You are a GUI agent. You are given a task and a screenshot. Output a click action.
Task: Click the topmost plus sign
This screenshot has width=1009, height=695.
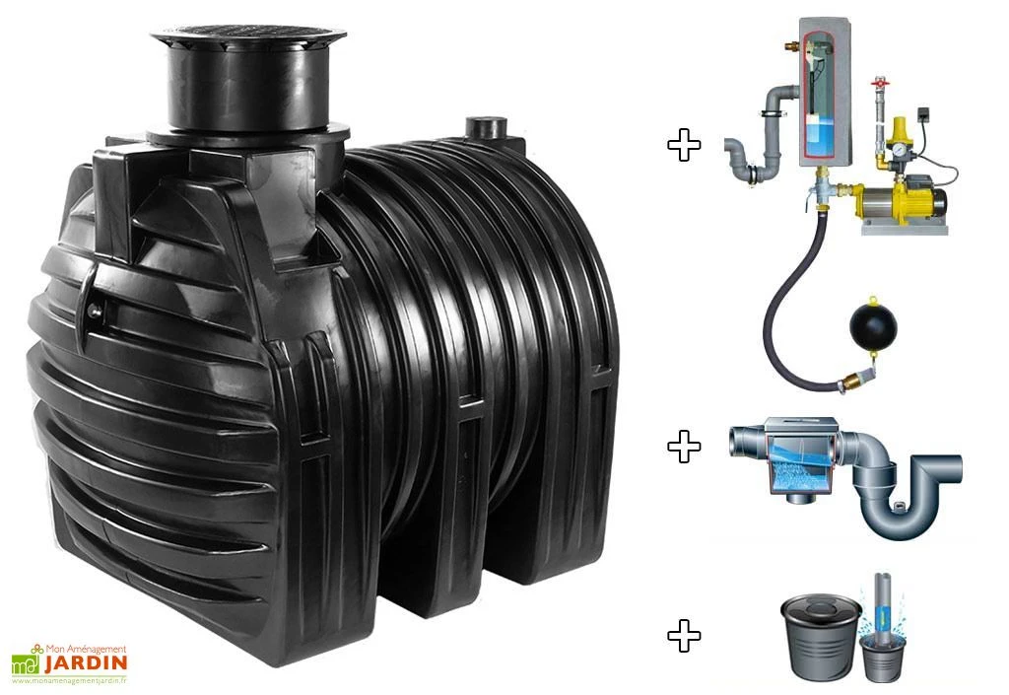click(x=684, y=145)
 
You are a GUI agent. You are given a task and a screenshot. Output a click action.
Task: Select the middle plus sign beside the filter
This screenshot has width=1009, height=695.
click(x=684, y=447)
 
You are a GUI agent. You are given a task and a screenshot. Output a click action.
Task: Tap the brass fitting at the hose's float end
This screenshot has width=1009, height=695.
click(x=849, y=378)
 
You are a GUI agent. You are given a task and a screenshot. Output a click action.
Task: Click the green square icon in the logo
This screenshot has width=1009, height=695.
click(x=24, y=663)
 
